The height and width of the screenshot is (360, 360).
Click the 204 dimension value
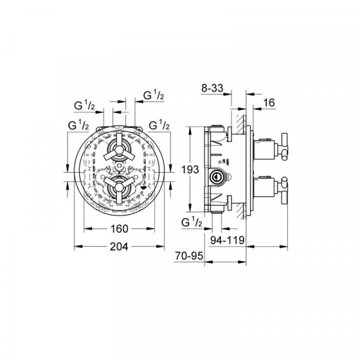pyautogui.click(x=119, y=247)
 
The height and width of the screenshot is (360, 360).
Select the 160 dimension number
pyautogui.click(x=119, y=229)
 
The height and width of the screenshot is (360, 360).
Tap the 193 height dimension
pyautogui.click(x=190, y=170)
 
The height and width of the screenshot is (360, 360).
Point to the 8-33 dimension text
pyautogui.click(x=212, y=88)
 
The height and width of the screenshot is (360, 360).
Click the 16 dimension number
pyautogui.click(x=269, y=103)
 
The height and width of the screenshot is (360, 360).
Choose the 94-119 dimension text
pyautogui.click(x=228, y=240)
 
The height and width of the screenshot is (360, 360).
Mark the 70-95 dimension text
pyautogui.click(x=189, y=256)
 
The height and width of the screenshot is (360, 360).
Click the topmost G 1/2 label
pyautogui.click(x=154, y=95)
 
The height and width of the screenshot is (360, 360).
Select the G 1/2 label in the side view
pyautogui.click(x=192, y=222)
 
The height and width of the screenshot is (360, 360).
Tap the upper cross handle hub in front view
pyautogui.click(x=119, y=149)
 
